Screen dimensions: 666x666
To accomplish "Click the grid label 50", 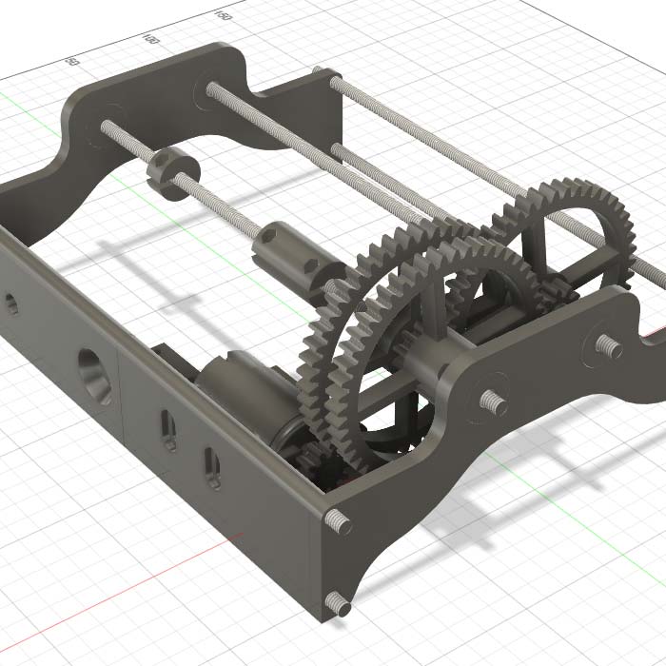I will point(70,61).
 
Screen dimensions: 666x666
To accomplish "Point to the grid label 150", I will point(222,15).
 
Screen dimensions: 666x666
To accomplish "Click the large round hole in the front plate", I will point(93,376).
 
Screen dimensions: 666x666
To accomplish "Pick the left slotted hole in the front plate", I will point(168,430).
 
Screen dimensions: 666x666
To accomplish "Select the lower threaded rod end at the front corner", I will point(337,601).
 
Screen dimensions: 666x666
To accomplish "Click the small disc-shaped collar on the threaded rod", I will point(171,172).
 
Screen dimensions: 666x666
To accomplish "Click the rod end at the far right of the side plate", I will point(606,344).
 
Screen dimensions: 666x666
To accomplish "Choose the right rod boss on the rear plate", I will point(208,88).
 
